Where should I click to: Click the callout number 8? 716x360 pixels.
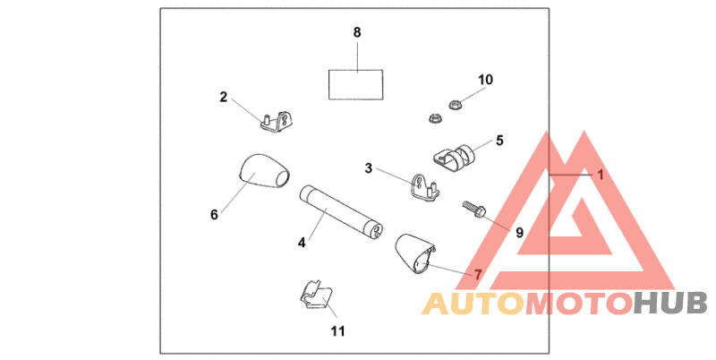coord(357,32)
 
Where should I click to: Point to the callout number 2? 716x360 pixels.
coord(224,97)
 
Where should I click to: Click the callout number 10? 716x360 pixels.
coord(485,80)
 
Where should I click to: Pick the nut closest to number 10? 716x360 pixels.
coord(454,102)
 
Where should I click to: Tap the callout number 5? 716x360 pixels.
coord(499,140)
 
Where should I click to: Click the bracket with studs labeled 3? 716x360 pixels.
coord(423,186)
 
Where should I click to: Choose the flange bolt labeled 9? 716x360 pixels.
coord(473,211)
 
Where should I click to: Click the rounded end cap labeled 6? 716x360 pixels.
coord(262,171)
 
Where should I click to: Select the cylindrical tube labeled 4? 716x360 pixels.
coord(341,211)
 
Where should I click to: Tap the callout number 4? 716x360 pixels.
coord(303,242)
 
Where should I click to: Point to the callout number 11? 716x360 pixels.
coord(337,330)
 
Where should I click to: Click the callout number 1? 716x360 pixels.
coord(601,176)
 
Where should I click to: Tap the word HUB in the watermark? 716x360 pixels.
coord(671,304)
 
